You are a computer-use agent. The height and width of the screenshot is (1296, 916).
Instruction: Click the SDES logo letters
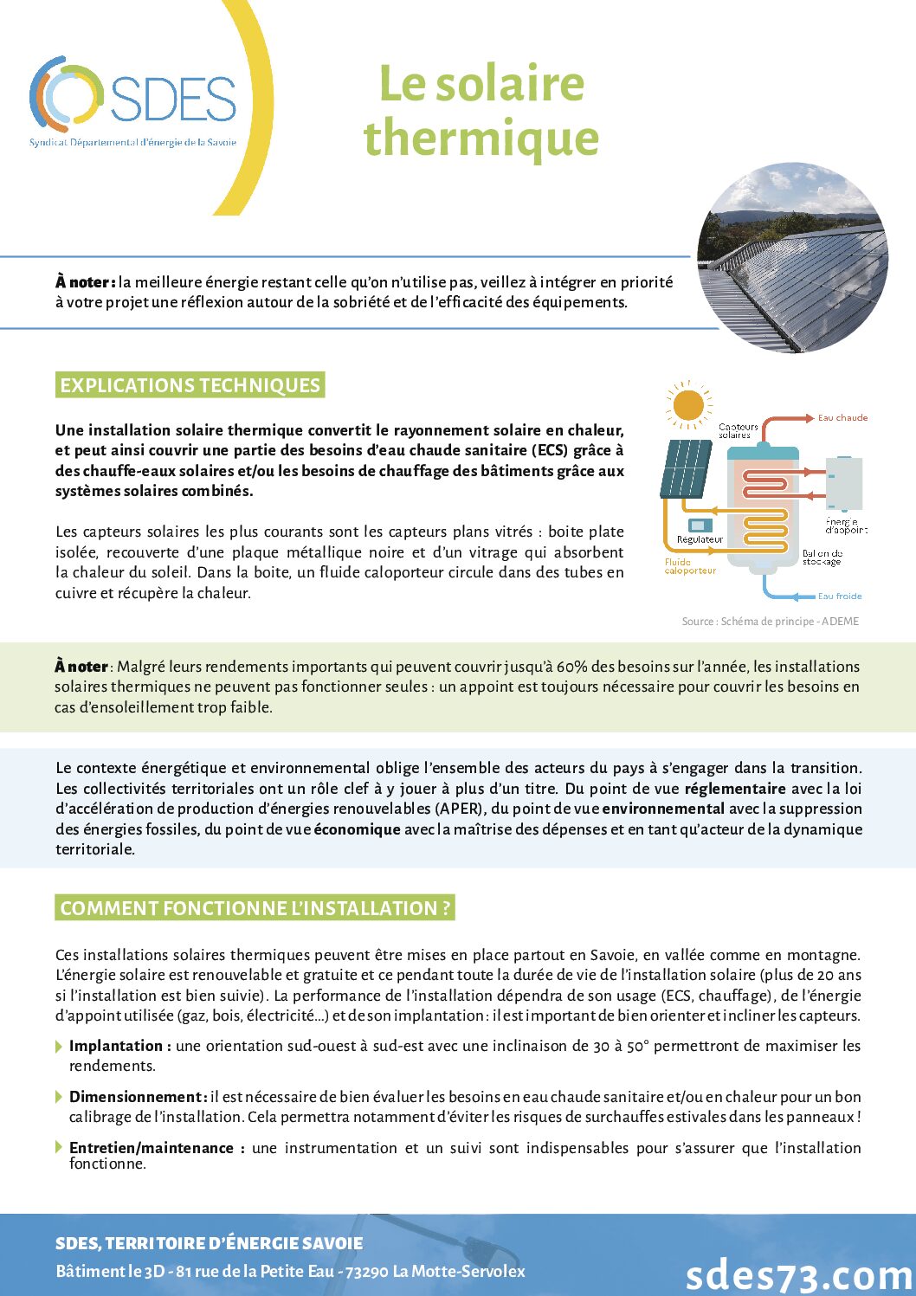[x=173, y=98]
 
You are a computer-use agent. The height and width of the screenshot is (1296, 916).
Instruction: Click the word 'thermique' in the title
[x=481, y=139]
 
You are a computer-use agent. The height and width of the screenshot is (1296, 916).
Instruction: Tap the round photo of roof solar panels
[x=792, y=257]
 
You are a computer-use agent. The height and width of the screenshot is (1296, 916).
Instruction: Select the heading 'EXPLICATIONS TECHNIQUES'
[x=190, y=385]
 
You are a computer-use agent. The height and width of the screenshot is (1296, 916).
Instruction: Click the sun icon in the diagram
[x=688, y=404]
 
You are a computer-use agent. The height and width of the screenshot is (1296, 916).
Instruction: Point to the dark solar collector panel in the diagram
[x=686, y=468]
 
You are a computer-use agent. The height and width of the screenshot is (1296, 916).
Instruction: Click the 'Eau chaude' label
[x=842, y=418]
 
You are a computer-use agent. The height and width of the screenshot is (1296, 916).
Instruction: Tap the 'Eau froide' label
[x=839, y=596]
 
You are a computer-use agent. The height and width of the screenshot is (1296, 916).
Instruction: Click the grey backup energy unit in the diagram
[x=843, y=482]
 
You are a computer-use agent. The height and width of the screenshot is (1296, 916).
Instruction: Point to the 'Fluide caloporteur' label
[x=689, y=566]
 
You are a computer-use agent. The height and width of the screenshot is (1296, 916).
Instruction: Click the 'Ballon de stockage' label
[x=822, y=558]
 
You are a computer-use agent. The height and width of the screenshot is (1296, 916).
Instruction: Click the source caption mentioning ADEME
[x=770, y=622]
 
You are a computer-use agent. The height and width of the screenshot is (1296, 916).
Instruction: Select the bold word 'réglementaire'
[x=735, y=789]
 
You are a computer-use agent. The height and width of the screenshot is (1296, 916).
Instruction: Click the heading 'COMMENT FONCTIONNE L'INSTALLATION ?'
[x=255, y=908]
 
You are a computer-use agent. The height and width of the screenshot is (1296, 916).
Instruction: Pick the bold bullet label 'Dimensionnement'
[x=137, y=1097]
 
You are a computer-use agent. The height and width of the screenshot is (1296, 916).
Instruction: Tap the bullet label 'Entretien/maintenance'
[x=152, y=1148]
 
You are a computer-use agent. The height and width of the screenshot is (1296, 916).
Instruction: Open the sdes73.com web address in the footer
[x=799, y=1274]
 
